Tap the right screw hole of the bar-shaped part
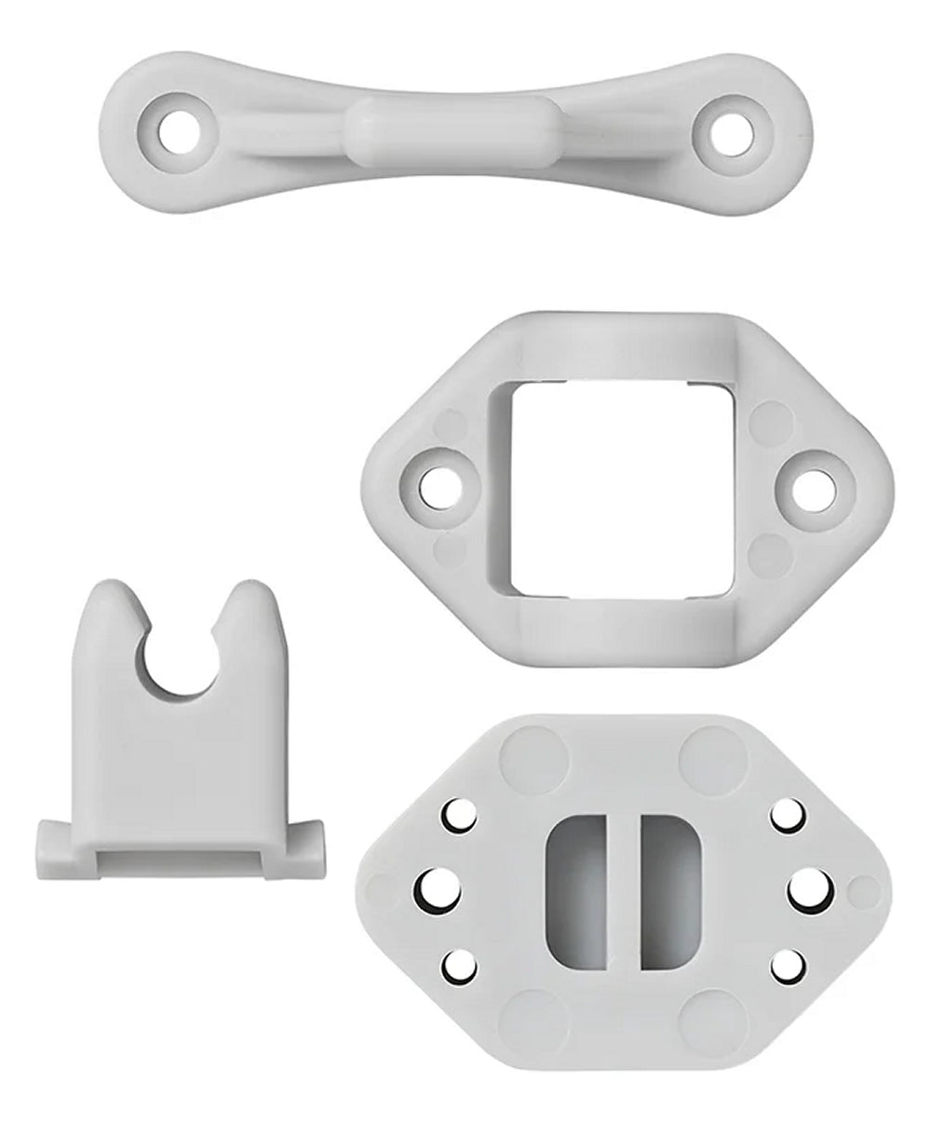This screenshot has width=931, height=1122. [732, 135]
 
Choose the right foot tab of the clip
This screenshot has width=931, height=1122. [306, 847]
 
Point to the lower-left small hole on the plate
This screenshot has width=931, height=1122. [458, 966]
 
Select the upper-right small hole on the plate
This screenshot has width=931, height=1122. [787, 816]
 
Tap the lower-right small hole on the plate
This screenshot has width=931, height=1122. [787, 966]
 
